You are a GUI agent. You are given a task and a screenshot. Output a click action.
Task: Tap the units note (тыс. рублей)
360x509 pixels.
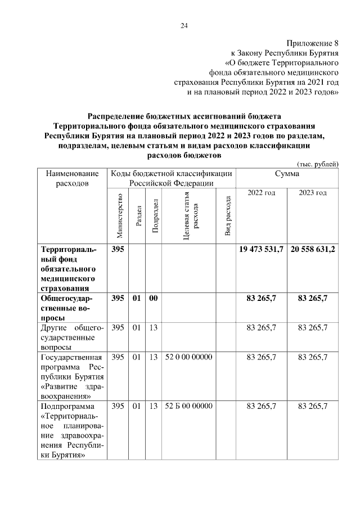(317, 164)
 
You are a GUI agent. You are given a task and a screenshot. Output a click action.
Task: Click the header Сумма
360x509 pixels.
(287, 174)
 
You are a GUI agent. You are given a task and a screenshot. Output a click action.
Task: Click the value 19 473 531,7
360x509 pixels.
(262, 249)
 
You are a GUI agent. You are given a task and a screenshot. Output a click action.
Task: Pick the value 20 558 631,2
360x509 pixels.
(313, 249)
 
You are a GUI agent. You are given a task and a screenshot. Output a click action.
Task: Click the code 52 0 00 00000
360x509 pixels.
(188, 357)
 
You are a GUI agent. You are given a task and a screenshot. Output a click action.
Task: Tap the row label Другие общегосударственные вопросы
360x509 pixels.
(72, 337)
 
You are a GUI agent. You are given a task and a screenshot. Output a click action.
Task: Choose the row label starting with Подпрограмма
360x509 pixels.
(72, 430)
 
